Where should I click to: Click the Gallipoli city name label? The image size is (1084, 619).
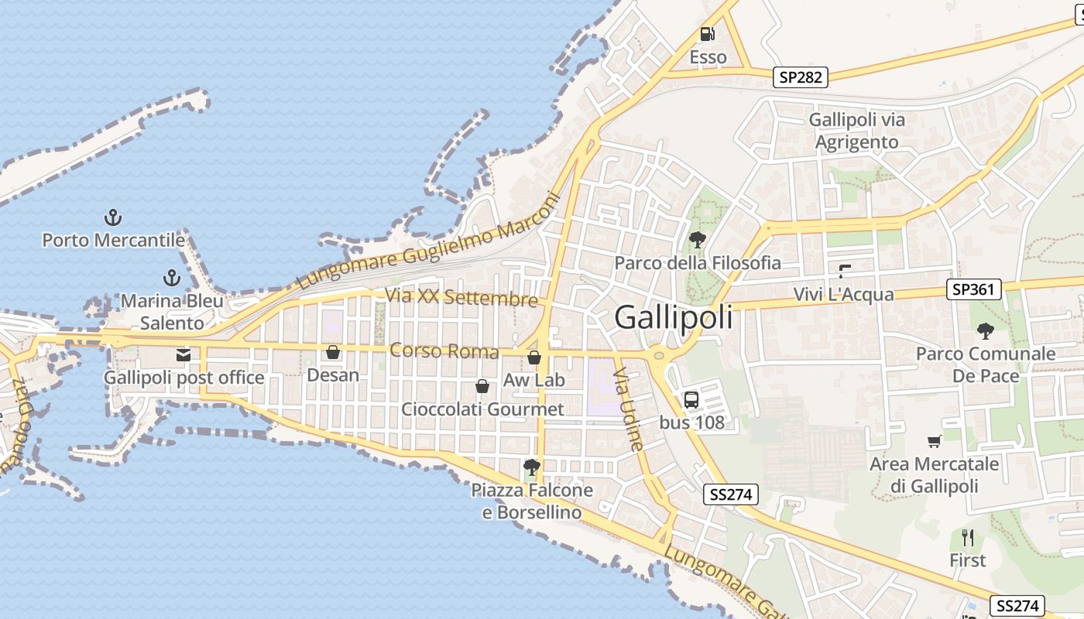pos(673,317)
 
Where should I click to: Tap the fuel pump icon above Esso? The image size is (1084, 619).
pos(708,34)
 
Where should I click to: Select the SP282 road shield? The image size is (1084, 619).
pos(801,77)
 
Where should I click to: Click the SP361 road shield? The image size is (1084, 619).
pos(974,289)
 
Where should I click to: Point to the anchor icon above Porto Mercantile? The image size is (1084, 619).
pos(113,217)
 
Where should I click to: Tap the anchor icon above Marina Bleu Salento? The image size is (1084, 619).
pos(171,277)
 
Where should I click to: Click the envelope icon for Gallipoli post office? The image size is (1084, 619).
pos(184,355)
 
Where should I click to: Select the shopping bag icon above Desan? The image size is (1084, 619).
pos(333,352)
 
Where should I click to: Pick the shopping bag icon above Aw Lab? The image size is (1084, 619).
pos(534,357)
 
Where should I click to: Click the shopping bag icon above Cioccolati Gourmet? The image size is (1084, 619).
pos(482,385)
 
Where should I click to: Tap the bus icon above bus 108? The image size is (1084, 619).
pos(691,399)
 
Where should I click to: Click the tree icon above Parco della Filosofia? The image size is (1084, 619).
pos(697,239)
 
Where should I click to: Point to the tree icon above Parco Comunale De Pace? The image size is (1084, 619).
pos(985,331)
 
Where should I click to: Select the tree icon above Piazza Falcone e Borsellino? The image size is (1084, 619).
pos(531,466)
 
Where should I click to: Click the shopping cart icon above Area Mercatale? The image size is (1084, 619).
pos(934,441)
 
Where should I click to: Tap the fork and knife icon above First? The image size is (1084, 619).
pos(967,537)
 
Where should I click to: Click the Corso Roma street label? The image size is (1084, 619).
pos(444,351)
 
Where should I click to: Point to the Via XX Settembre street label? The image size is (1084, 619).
pos(461,297)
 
